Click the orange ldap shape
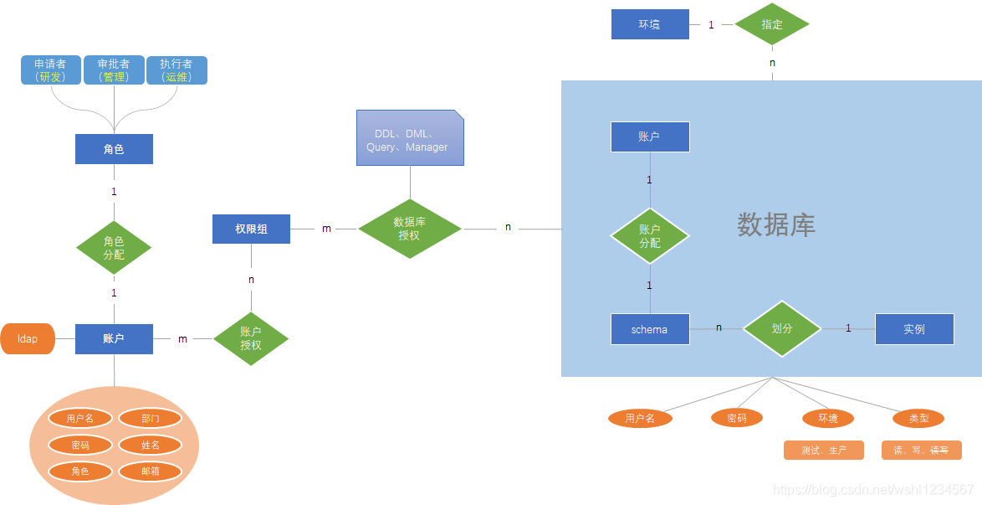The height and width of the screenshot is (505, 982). tap(28, 338)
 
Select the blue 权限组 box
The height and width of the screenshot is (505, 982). tap(251, 229)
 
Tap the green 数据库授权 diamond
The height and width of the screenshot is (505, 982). tap(410, 229)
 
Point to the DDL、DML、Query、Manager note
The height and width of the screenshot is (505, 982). tap(410, 138)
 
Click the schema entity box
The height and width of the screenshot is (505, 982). tap(650, 329)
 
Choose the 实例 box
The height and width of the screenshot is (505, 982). tap(914, 329)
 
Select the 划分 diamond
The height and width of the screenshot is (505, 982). tap(782, 329)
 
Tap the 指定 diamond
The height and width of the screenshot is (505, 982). tap(772, 24)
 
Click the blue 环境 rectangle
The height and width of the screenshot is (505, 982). tap(650, 24)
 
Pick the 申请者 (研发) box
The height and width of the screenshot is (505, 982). tap(51, 70)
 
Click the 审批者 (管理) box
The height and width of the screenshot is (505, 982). tap(114, 70)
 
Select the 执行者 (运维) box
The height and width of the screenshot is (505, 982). tap(176, 70)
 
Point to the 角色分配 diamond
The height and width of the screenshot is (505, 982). tap(114, 248)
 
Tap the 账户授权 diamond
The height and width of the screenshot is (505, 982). tap(250, 338)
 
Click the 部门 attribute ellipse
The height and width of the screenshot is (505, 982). tap(151, 419)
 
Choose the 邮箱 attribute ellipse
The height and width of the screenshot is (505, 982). tap(151, 472)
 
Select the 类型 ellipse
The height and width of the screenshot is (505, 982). tap(918, 419)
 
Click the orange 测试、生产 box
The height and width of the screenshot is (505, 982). tap(824, 451)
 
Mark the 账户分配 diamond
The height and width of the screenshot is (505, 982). tap(650, 236)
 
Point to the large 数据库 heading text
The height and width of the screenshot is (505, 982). tap(776, 224)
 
